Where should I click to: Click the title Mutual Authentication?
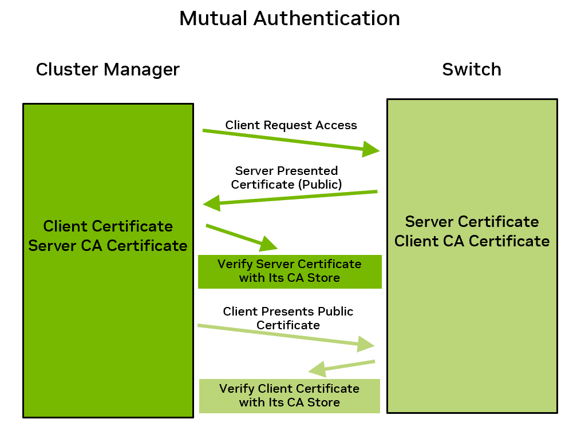pyautogui.click(x=289, y=18)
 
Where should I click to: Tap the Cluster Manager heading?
pyautogui.click(x=108, y=70)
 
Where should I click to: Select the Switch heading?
pyautogui.click(x=472, y=70)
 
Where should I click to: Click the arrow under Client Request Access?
pyautogui.click(x=291, y=141)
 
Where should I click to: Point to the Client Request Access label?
pyautogui.click(x=291, y=125)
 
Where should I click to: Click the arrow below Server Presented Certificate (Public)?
pyautogui.click(x=291, y=197)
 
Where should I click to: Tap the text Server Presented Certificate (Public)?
pyautogui.click(x=286, y=177)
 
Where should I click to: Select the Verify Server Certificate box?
pyautogui.click(x=289, y=272)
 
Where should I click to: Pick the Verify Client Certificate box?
pyautogui.click(x=289, y=396)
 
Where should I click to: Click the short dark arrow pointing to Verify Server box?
pyautogui.click(x=242, y=237)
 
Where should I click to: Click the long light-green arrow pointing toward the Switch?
pyautogui.click(x=286, y=336)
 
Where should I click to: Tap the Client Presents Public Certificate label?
pyautogui.click(x=288, y=318)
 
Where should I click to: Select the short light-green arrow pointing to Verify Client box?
pyautogui.click(x=342, y=367)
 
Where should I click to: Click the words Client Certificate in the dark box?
pyautogui.click(x=108, y=226)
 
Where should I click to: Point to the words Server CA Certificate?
pyautogui.click(x=108, y=246)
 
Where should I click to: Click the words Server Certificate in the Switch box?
pyautogui.click(x=472, y=222)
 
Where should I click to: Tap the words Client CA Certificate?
pyautogui.click(x=472, y=241)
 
